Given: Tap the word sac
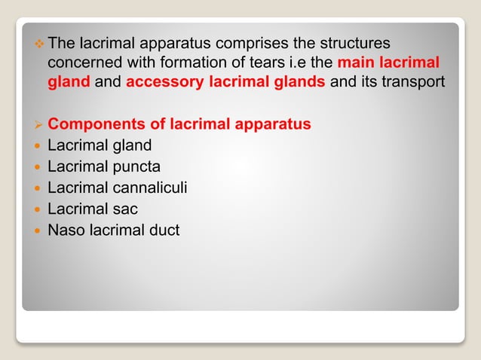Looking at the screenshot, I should tap(124, 209).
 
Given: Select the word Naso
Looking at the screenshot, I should tap(66, 230).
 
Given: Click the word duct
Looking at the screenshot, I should tap(164, 230).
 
